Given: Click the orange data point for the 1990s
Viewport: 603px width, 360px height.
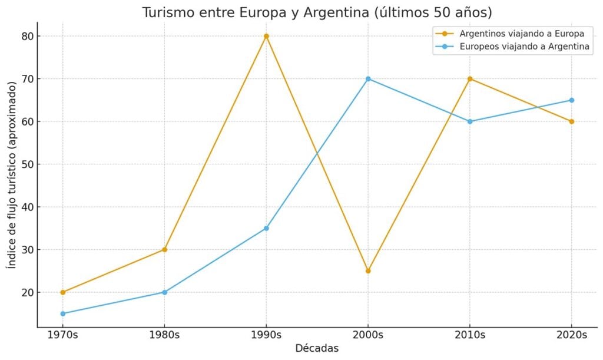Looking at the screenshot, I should click(x=266, y=36).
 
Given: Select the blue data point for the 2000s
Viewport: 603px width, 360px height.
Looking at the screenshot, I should click(x=368, y=79).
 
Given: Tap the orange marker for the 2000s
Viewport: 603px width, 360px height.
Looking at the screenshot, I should click(x=368, y=271).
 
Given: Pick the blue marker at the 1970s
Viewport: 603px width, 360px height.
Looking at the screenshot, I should click(x=63, y=313).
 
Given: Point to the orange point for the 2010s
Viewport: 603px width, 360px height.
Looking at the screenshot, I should click(x=470, y=79).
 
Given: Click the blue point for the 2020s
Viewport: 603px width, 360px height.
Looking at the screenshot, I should click(x=571, y=100).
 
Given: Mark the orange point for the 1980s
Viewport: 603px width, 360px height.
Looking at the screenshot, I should click(x=165, y=250).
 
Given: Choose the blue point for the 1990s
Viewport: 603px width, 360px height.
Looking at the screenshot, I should click(x=266, y=228).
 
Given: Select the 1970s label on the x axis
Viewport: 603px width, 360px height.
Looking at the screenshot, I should click(x=63, y=335).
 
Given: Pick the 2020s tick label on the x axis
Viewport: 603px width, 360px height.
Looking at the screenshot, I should click(x=571, y=335).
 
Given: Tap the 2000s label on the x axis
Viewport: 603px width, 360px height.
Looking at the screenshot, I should click(x=368, y=335).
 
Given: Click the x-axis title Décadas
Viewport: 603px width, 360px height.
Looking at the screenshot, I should click(x=317, y=349).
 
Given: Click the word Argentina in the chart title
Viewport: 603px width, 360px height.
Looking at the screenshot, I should click(x=333, y=12).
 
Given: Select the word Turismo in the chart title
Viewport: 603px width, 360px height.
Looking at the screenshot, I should click(x=167, y=12).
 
